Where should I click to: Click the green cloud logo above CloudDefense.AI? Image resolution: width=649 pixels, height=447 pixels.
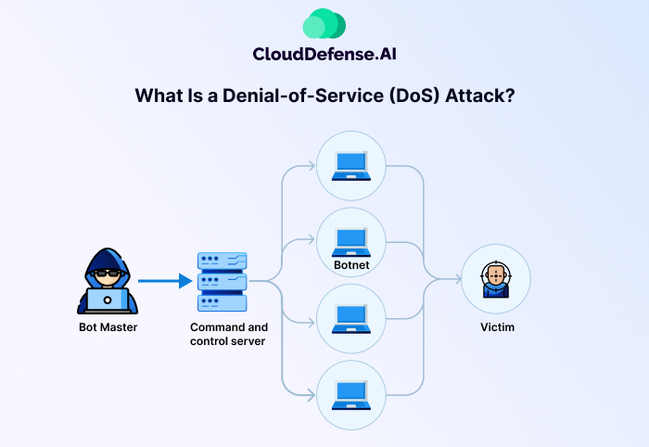pyautogui.click(x=324, y=24)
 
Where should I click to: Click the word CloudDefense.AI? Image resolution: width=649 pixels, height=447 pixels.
pyautogui.click(x=324, y=54)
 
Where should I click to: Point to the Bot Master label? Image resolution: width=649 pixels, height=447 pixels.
pyautogui.click(x=108, y=326)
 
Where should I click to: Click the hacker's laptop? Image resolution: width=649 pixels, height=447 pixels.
pyautogui.click(x=108, y=300)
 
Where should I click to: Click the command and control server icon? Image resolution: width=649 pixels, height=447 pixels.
pyautogui.click(x=223, y=281)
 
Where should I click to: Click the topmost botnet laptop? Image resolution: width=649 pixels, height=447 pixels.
pyautogui.click(x=351, y=165)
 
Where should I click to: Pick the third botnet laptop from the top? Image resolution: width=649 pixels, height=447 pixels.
pyautogui.click(x=351, y=318)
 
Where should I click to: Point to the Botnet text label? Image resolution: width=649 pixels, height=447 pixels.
pyautogui.click(x=351, y=265)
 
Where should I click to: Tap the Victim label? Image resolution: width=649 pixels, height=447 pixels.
pyautogui.click(x=497, y=326)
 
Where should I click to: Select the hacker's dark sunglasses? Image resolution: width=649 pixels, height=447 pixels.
pyautogui.click(x=107, y=274)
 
